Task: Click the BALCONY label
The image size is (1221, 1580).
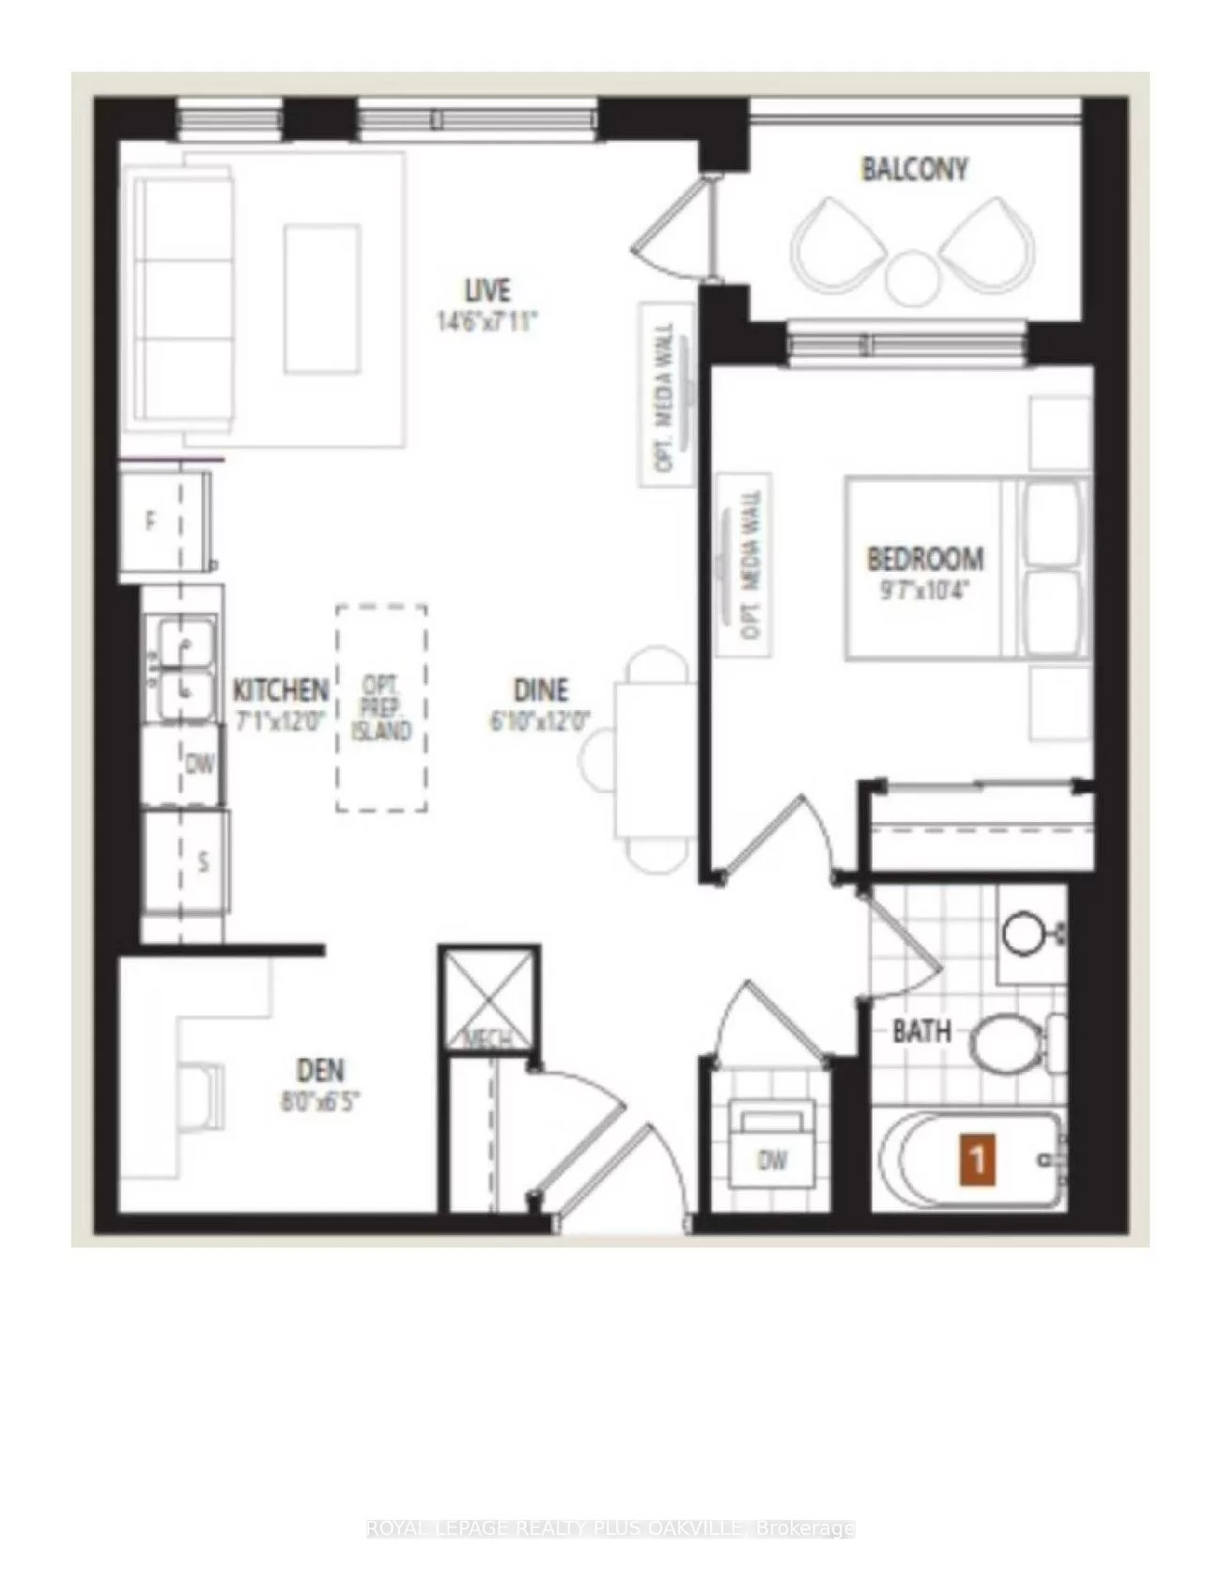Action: [914, 170]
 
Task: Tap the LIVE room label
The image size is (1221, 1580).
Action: [487, 289]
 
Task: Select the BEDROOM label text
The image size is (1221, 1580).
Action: [925, 559]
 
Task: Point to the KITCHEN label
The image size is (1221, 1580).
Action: [280, 690]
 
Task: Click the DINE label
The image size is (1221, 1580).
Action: [541, 690]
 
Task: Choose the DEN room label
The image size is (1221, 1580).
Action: [320, 1070]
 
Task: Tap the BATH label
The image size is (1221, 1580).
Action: [921, 1031]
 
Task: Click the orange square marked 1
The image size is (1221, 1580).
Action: [977, 1159]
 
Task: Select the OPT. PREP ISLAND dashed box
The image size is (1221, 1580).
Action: [382, 708]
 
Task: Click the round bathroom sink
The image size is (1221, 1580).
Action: [1022, 933]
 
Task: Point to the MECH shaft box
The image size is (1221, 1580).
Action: [489, 999]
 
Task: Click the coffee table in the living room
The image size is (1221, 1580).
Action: [322, 299]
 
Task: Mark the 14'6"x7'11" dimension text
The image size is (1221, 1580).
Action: [487, 322]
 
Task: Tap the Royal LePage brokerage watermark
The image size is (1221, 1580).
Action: [610, 1528]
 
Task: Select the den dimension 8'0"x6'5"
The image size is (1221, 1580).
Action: [320, 1101]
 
